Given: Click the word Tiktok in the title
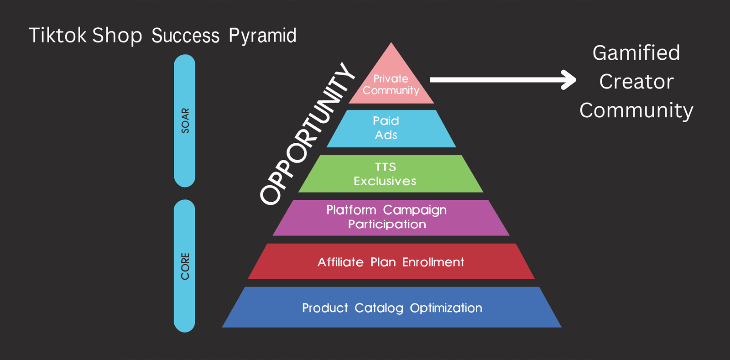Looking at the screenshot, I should [x=57, y=36].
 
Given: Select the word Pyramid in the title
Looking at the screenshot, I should [x=262, y=36].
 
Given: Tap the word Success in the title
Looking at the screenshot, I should [x=185, y=36].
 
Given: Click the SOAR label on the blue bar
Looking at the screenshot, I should [x=185, y=120].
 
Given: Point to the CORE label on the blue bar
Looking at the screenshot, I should [x=185, y=266].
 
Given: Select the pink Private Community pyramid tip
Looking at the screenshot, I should [x=391, y=84].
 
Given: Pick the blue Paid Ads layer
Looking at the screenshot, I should [x=391, y=128].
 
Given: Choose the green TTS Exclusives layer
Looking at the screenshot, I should [x=391, y=174].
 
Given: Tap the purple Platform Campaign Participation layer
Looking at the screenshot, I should [x=391, y=217].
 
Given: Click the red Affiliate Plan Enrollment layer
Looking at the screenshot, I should [x=391, y=261].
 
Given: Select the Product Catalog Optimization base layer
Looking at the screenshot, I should [x=391, y=308].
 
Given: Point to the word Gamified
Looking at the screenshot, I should [x=636, y=53].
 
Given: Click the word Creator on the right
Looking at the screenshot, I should [x=636, y=82].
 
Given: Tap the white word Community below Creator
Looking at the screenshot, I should [x=636, y=110].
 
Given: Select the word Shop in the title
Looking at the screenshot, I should [x=117, y=36].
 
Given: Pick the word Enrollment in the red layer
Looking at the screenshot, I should [x=433, y=262].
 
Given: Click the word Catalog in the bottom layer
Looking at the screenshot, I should [x=379, y=308].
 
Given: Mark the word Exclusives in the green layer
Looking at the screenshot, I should [x=385, y=181].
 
